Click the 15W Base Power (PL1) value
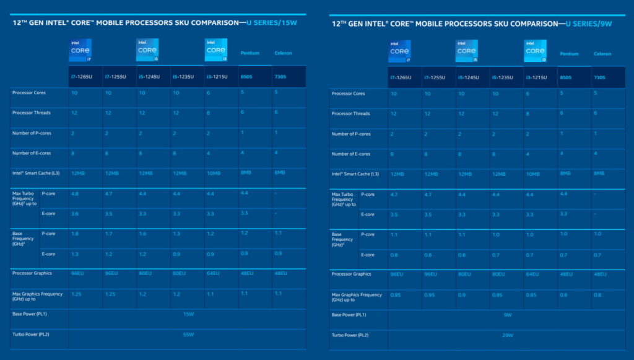pos(188,314)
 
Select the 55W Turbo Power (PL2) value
pos(188,335)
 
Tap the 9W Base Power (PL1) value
pos(507,315)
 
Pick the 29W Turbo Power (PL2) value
pos(507,335)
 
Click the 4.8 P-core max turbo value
pos(75,193)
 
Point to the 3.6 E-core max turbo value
pos(75,214)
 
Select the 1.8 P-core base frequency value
pos(75,234)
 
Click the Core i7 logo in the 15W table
pos(80,50)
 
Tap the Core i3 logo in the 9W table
pos(535,51)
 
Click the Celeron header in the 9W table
pos(602,54)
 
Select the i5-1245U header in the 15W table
pos(149,77)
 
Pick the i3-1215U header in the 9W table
pos(536,77)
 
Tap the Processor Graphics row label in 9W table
pos(351,274)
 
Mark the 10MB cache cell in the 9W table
pos(533,174)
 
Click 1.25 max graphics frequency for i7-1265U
pos(77,294)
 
